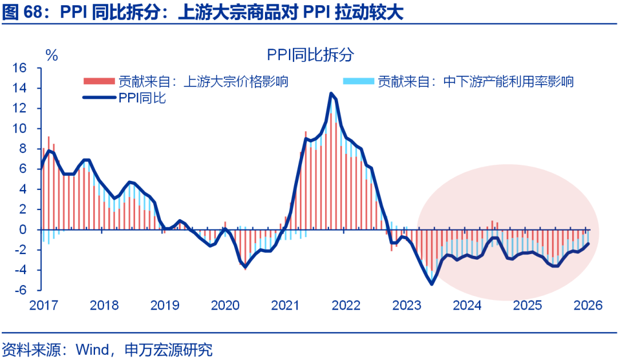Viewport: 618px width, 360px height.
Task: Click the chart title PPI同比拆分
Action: click(310, 55)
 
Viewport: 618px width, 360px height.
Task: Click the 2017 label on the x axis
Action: click(43, 306)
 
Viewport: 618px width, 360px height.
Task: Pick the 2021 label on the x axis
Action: click(286, 306)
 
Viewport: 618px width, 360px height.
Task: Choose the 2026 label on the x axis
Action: click(587, 306)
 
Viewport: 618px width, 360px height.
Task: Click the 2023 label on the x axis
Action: click(407, 306)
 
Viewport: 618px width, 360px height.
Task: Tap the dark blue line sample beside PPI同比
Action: click(99, 98)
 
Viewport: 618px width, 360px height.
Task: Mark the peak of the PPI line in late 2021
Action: click(331, 93)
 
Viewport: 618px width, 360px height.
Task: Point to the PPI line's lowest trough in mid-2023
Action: click(431, 284)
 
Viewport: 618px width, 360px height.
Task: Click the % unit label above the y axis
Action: click(51, 56)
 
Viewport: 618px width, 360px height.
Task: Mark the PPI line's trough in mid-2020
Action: click(245, 267)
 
